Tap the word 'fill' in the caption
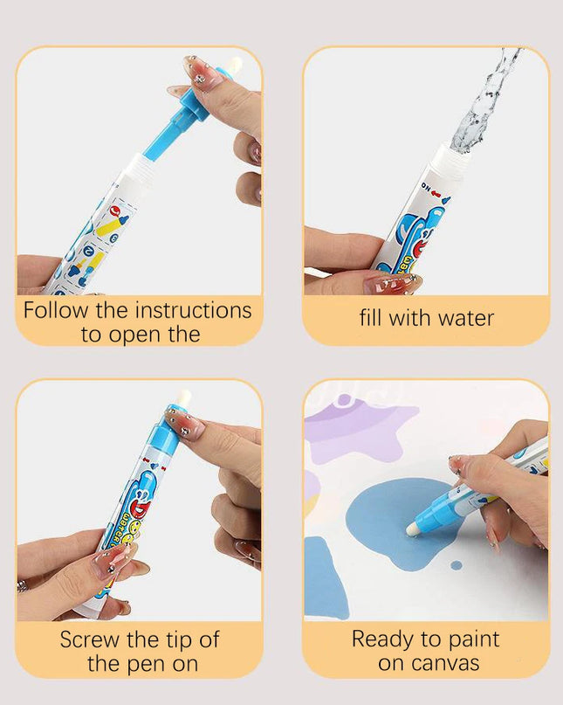tap(372, 318)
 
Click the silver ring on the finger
tap(22, 586)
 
